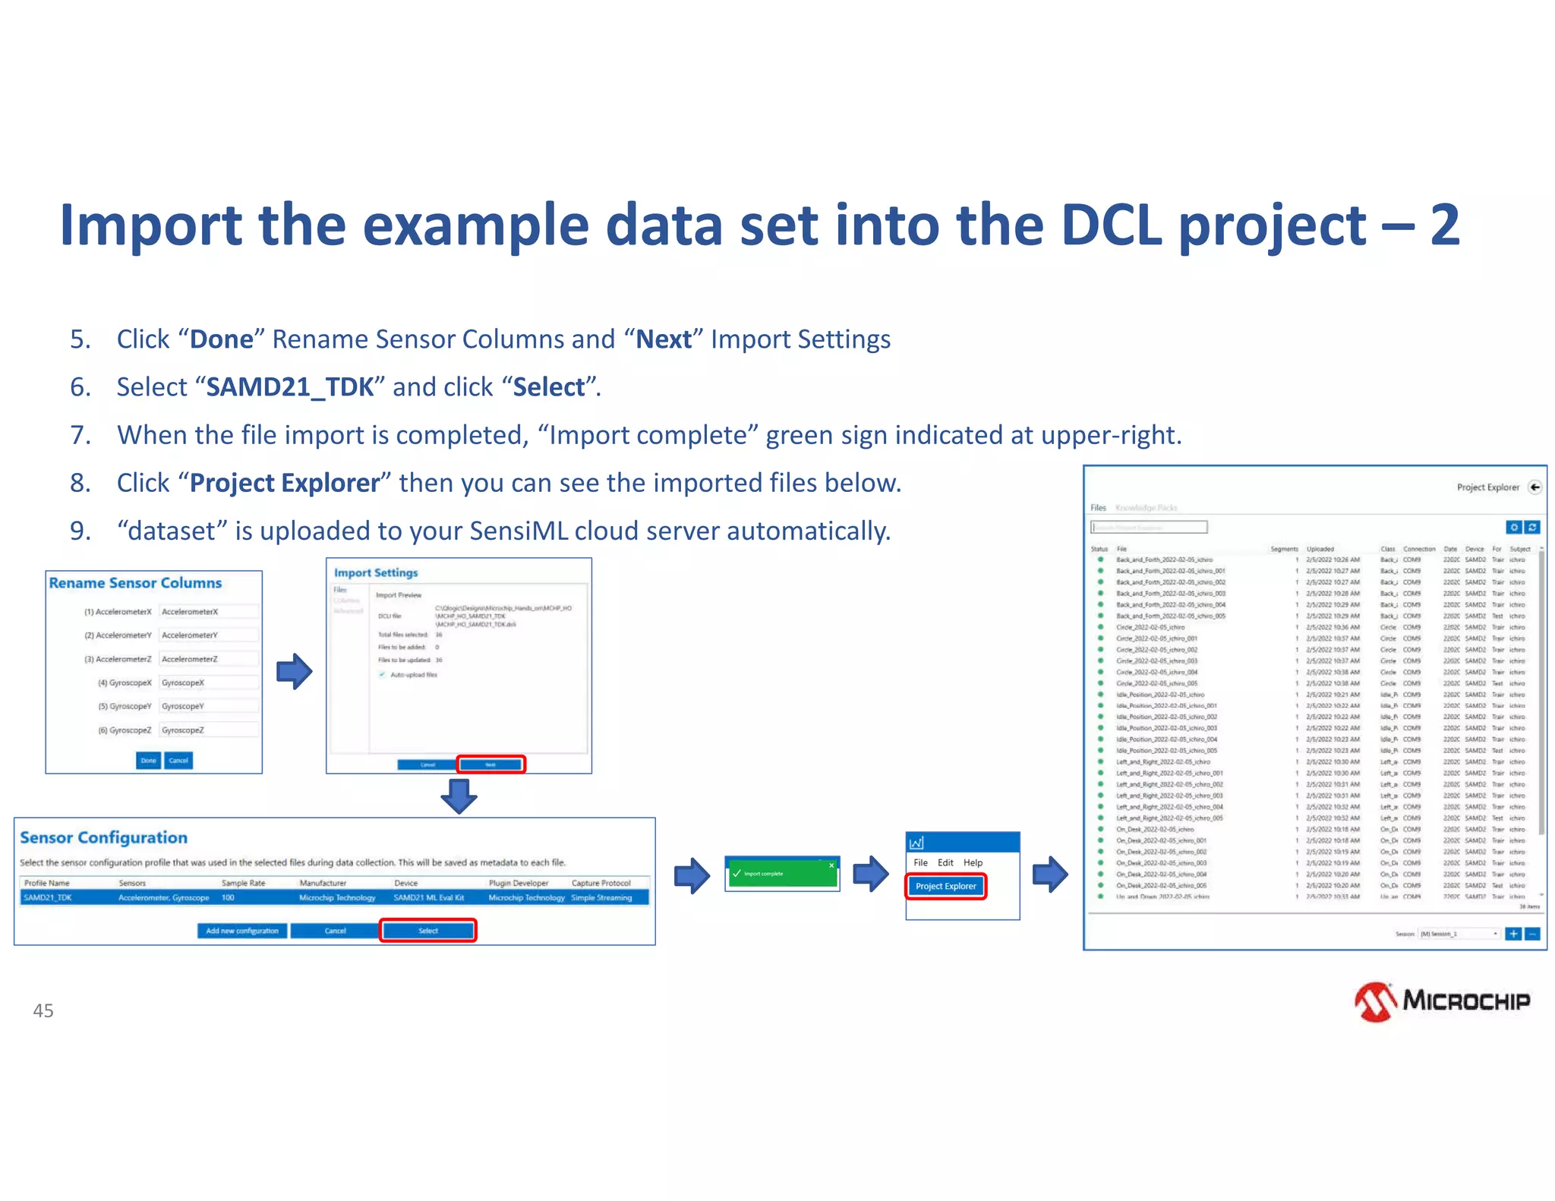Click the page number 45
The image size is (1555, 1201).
pyautogui.click(x=43, y=1010)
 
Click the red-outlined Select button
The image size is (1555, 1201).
pyautogui.click(x=428, y=931)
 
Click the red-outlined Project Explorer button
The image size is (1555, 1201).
pyautogui.click(x=945, y=886)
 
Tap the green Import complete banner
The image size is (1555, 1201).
pyautogui.click(x=782, y=874)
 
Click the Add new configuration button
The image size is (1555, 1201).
pyautogui.click(x=242, y=931)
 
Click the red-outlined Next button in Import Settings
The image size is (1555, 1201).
pyautogui.click(x=490, y=764)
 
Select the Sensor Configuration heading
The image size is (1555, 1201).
pyautogui.click(x=103, y=837)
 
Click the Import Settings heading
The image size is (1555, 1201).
pyautogui.click(x=376, y=572)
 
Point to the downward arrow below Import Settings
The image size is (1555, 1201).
pyautogui.click(x=459, y=796)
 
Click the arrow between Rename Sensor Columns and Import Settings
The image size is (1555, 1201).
pyautogui.click(x=294, y=671)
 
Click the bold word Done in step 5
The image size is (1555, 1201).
pyautogui.click(x=221, y=339)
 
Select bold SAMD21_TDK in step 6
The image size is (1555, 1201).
pyautogui.click(x=290, y=387)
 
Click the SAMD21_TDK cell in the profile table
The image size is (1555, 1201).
pyautogui.click(x=48, y=897)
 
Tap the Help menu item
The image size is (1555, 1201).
pyautogui.click(x=973, y=862)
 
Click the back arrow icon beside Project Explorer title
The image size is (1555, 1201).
pyautogui.click(x=1535, y=487)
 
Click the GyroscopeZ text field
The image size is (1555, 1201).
pyautogui.click(x=209, y=730)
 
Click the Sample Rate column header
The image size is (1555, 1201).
pyautogui.click(x=243, y=883)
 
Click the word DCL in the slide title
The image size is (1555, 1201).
pyautogui.click(x=1112, y=225)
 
